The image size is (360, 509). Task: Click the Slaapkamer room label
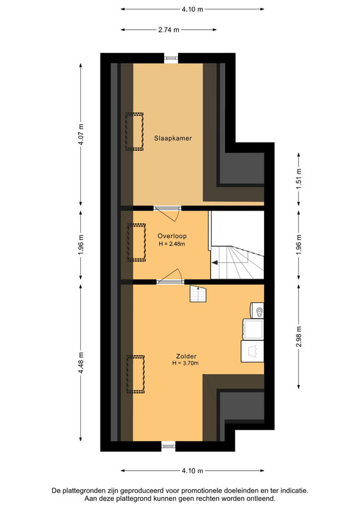(173, 138)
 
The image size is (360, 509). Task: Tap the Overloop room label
(172, 236)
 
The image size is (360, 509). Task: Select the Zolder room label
(186, 356)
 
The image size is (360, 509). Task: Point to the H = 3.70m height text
(185, 363)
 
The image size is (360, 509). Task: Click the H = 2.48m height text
(172, 244)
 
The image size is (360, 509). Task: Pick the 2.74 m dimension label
(169, 30)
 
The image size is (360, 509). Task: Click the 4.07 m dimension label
(81, 134)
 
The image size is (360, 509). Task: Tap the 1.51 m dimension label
(299, 179)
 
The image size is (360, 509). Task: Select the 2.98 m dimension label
(299, 337)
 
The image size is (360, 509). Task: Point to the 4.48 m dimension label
(81, 363)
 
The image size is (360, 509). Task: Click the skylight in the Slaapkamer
(134, 132)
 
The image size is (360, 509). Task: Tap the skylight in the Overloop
(136, 242)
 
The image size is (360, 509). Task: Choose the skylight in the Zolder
(135, 374)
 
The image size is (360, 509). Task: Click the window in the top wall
(171, 58)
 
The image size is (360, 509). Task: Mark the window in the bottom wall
(169, 447)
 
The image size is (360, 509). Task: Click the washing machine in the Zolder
(253, 351)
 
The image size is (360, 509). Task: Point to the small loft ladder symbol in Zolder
(198, 293)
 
